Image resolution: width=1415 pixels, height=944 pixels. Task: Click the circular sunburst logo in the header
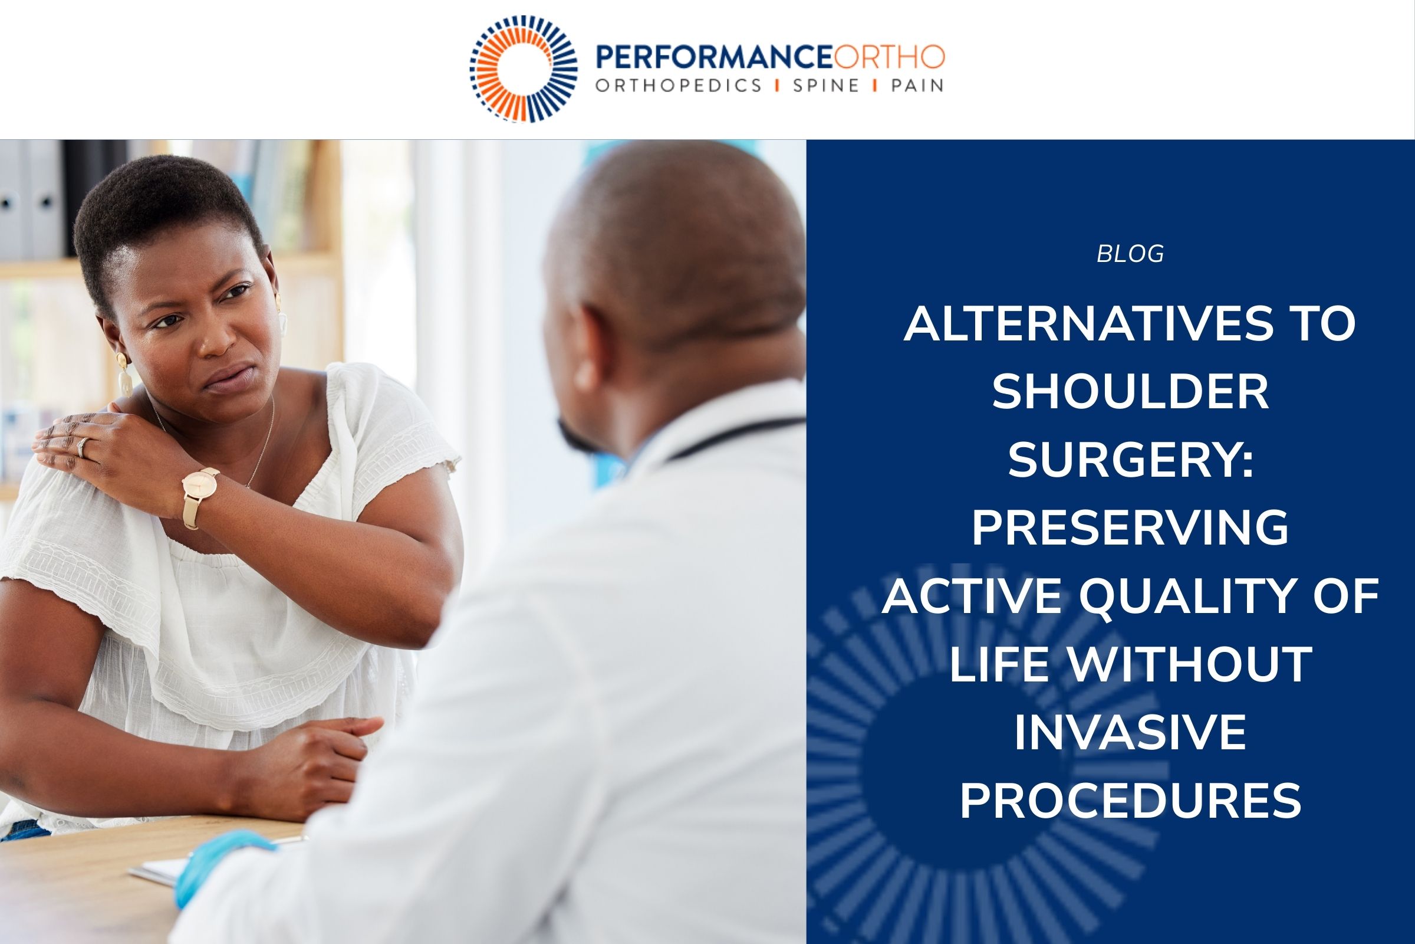pyautogui.click(x=523, y=68)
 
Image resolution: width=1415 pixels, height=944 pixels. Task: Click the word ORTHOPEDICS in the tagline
pyautogui.click(x=679, y=86)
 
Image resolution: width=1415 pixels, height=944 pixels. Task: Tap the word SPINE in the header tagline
pyautogui.click(x=825, y=86)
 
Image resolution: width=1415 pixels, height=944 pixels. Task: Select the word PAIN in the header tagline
pyautogui.click(x=917, y=86)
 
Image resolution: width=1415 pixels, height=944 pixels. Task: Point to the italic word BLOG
pyautogui.click(x=1130, y=254)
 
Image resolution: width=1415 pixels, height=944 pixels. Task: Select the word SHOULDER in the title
pyautogui.click(x=1130, y=392)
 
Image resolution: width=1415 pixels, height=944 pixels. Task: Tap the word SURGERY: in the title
pyautogui.click(x=1130, y=460)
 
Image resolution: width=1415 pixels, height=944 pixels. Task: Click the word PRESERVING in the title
pyautogui.click(x=1130, y=528)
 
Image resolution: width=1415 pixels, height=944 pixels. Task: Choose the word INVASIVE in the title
pyautogui.click(x=1130, y=732)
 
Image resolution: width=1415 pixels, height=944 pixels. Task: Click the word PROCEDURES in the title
pyautogui.click(x=1130, y=800)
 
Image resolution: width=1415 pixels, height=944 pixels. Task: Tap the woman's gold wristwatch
pyautogui.click(x=200, y=485)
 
